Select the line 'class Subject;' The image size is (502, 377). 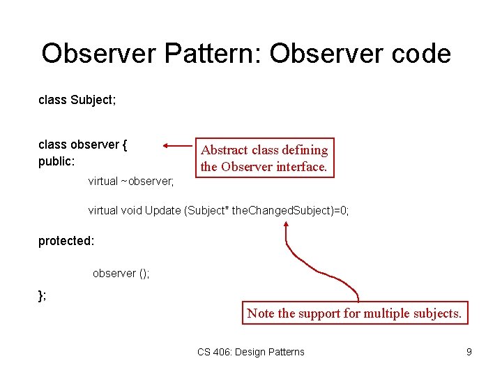tap(77, 101)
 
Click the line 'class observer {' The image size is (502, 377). tap(82, 145)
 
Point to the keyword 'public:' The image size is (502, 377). tap(56, 161)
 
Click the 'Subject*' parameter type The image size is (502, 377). tap(208, 210)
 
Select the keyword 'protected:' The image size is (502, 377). tap(66, 241)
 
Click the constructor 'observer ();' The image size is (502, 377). tap(121, 273)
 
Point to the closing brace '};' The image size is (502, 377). tap(43, 295)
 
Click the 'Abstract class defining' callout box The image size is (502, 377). tap(264, 158)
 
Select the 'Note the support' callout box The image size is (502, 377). tap(354, 313)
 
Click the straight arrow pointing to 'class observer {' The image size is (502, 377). tap(177, 145)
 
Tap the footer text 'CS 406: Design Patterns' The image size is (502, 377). tap(250, 352)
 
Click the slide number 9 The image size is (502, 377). tap(469, 352)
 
